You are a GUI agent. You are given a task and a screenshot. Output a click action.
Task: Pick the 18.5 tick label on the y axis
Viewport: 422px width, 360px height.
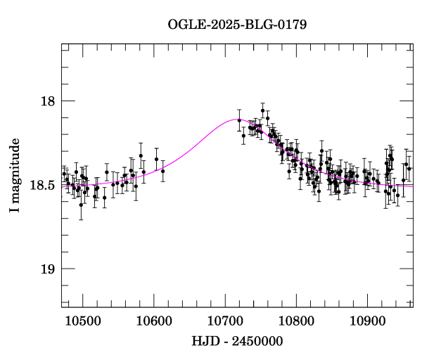click(x=43, y=186)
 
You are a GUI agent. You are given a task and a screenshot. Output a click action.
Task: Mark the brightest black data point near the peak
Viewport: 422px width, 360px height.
click(x=262, y=110)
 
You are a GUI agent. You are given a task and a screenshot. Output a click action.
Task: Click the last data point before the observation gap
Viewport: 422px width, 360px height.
click(x=162, y=171)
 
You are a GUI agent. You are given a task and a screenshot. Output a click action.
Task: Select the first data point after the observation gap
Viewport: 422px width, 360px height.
click(x=239, y=120)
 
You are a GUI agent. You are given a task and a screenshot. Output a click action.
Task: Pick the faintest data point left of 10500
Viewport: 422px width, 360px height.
click(x=81, y=205)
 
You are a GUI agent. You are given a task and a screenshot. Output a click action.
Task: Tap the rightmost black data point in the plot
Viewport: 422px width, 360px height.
click(x=409, y=169)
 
